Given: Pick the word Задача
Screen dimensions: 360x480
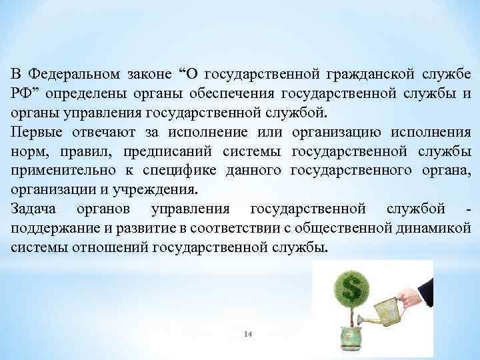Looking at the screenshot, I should tap(34, 210).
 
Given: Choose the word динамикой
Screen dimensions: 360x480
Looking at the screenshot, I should tap(436, 229).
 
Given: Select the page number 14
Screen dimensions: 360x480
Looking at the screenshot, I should tap(247, 333).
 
